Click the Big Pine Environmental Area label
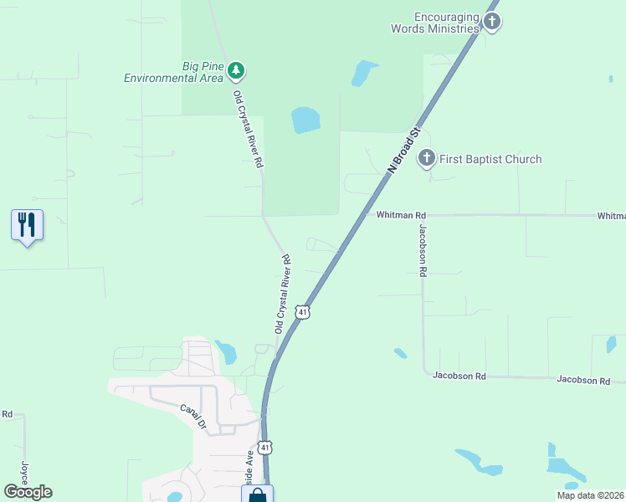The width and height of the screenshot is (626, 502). pos(173,72)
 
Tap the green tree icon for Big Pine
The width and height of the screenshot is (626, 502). pos(237,69)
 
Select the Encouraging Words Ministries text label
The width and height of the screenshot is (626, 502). pos(435,23)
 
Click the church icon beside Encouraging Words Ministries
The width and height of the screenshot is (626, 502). pos(492,22)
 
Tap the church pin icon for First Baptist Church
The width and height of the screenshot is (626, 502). pos(427,157)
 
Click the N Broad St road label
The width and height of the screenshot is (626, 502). pos(403,151)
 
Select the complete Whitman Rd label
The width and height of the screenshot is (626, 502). pos(401,215)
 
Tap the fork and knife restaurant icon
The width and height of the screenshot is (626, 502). pos(27,225)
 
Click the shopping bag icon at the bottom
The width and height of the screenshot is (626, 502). pos(258,495)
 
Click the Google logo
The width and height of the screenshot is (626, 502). pos(28,492)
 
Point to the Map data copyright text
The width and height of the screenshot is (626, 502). pos(590,495)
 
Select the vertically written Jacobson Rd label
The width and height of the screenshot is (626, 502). pos(423,250)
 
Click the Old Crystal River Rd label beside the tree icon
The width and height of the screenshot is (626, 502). pos(249,130)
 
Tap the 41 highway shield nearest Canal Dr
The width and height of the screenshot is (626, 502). pos(264,448)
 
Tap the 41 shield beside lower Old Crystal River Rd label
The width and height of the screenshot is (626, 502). pos(303,311)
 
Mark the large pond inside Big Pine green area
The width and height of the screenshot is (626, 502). pos(305,120)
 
